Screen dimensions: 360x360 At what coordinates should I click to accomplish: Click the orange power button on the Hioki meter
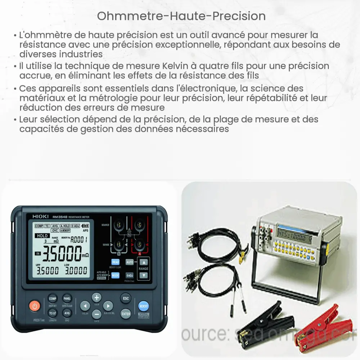pos(35,306)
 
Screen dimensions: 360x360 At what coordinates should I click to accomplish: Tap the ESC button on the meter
pos(125,298)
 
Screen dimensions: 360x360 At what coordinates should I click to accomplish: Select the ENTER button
pos(125,314)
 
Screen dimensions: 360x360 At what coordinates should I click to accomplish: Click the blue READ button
pos(115,262)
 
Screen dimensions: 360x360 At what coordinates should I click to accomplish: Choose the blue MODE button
pos(115,275)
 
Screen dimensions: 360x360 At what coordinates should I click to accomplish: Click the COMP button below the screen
pos(53,299)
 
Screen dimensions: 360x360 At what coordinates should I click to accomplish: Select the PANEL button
pos(67,299)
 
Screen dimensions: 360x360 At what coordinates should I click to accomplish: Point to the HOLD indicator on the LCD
pos(42,236)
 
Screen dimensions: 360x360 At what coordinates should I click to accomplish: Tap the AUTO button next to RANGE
pos(130,262)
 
